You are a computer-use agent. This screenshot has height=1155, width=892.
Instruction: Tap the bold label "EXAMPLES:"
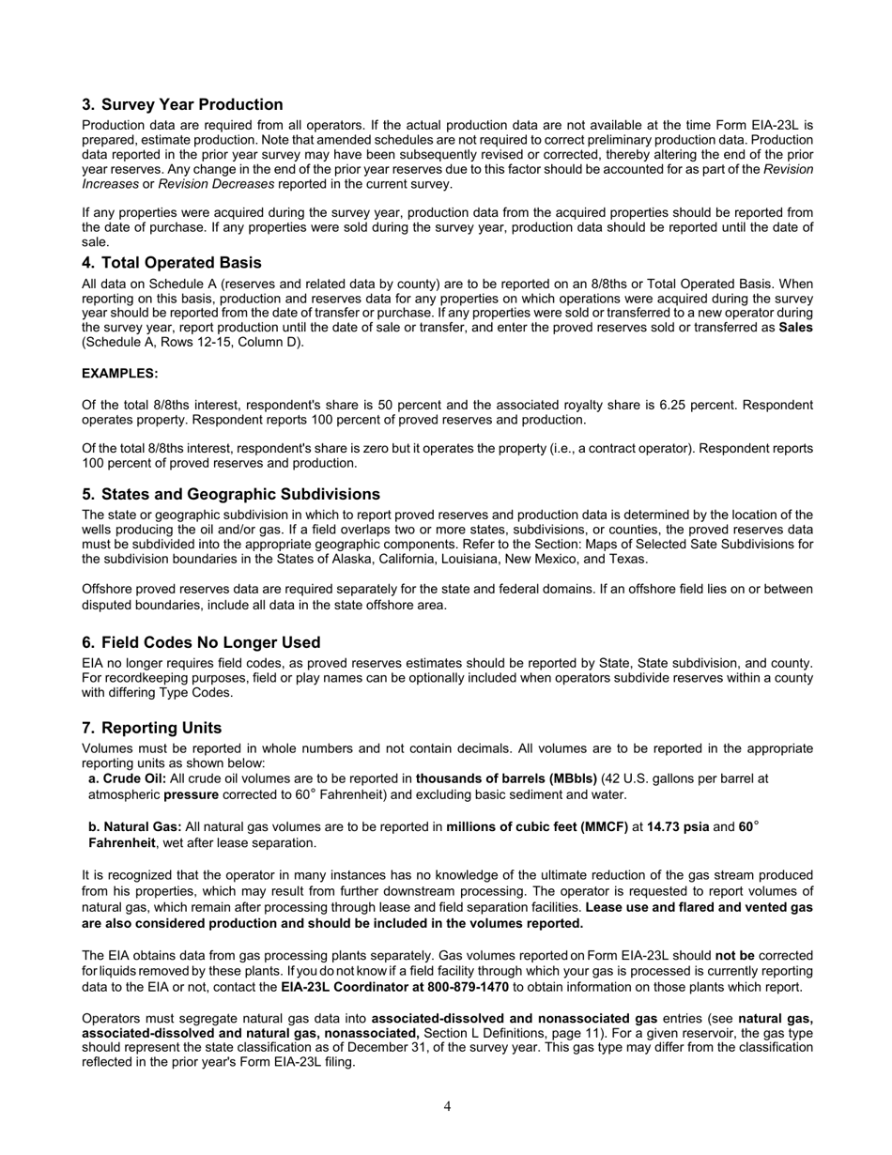tap(119, 373)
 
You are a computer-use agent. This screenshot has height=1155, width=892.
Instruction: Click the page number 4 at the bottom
tap(447, 1106)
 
